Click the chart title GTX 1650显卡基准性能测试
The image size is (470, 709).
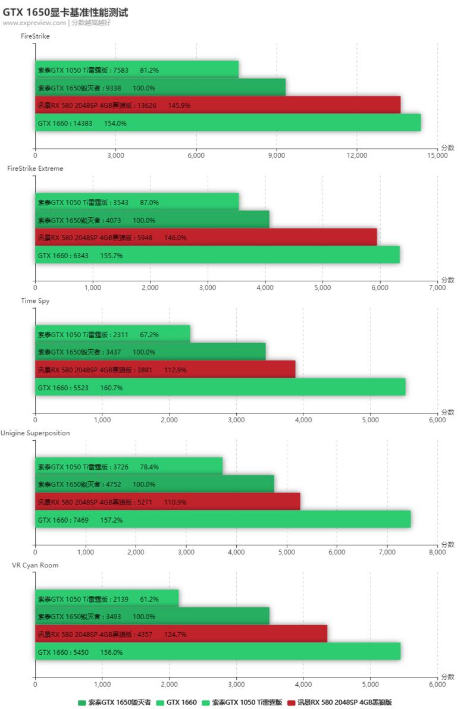click(x=65, y=12)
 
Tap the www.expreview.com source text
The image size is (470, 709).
click(x=34, y=23)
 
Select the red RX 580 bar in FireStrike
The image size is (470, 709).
click(x=217, y=105)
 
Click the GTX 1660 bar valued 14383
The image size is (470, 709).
click(x=228, y=123)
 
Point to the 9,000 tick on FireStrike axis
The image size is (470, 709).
click(x=277, y=155)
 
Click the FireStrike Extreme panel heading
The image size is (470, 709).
click(x=35, y=168)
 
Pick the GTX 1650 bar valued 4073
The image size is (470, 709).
click(x=152, y=220)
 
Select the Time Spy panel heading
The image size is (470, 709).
click(x=35, y=300)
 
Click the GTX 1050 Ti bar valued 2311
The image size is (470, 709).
click(x=112, y=334)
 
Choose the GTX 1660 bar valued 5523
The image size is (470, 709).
click(x=220, y=387)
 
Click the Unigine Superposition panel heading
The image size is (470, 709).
click(x=35, y=433)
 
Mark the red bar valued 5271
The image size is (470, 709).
click(x=167, y=502)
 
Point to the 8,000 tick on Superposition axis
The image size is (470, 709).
click(x=437, y=552)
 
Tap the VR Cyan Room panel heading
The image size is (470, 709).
click(x=36, y=565)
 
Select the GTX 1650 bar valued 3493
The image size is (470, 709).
click(x=152, y=616)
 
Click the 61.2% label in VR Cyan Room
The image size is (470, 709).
click(x=149, y=599)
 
